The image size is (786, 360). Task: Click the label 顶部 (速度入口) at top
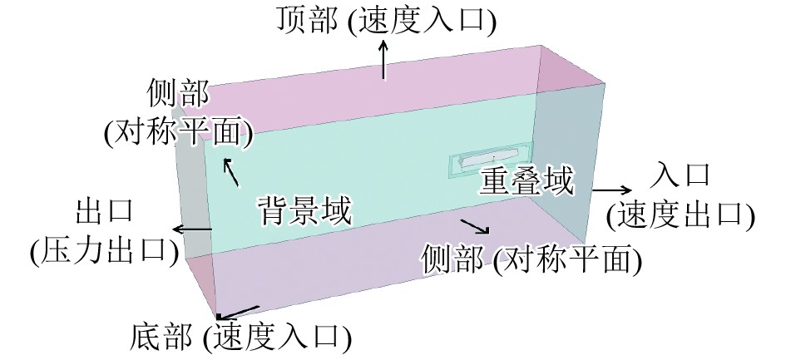click(385, 20)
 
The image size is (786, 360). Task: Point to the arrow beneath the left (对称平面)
click(230, 171)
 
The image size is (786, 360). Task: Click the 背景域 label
click(303, 210)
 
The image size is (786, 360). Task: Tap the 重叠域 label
click(526, 182)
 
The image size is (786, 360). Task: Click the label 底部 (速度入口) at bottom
click(240, 338)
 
